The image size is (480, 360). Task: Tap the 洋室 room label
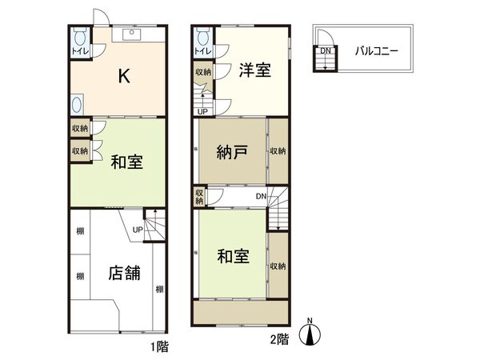[x=254, y=70]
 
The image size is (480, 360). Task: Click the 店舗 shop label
[x=125, y=273]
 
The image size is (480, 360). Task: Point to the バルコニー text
[x=378, y=51]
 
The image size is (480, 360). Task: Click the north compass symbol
[x=310, y=335]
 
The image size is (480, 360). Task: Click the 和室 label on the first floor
[x=126, y=162]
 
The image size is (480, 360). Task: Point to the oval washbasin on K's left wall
[x=77, y=104]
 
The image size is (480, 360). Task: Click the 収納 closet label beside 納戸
[x=278, y=151]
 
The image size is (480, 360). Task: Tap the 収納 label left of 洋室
[x=203, y=72]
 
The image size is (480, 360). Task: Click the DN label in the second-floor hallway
[x=262, y=196]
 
